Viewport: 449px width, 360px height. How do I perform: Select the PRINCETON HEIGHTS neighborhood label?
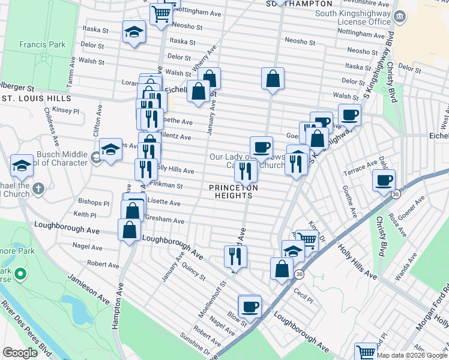234,191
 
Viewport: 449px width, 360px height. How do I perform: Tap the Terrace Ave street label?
360,167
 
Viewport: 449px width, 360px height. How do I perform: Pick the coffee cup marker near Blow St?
250,306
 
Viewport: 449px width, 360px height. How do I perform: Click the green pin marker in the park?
20,275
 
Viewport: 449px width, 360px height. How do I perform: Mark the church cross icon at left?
38,189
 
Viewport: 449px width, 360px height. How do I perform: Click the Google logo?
20,353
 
